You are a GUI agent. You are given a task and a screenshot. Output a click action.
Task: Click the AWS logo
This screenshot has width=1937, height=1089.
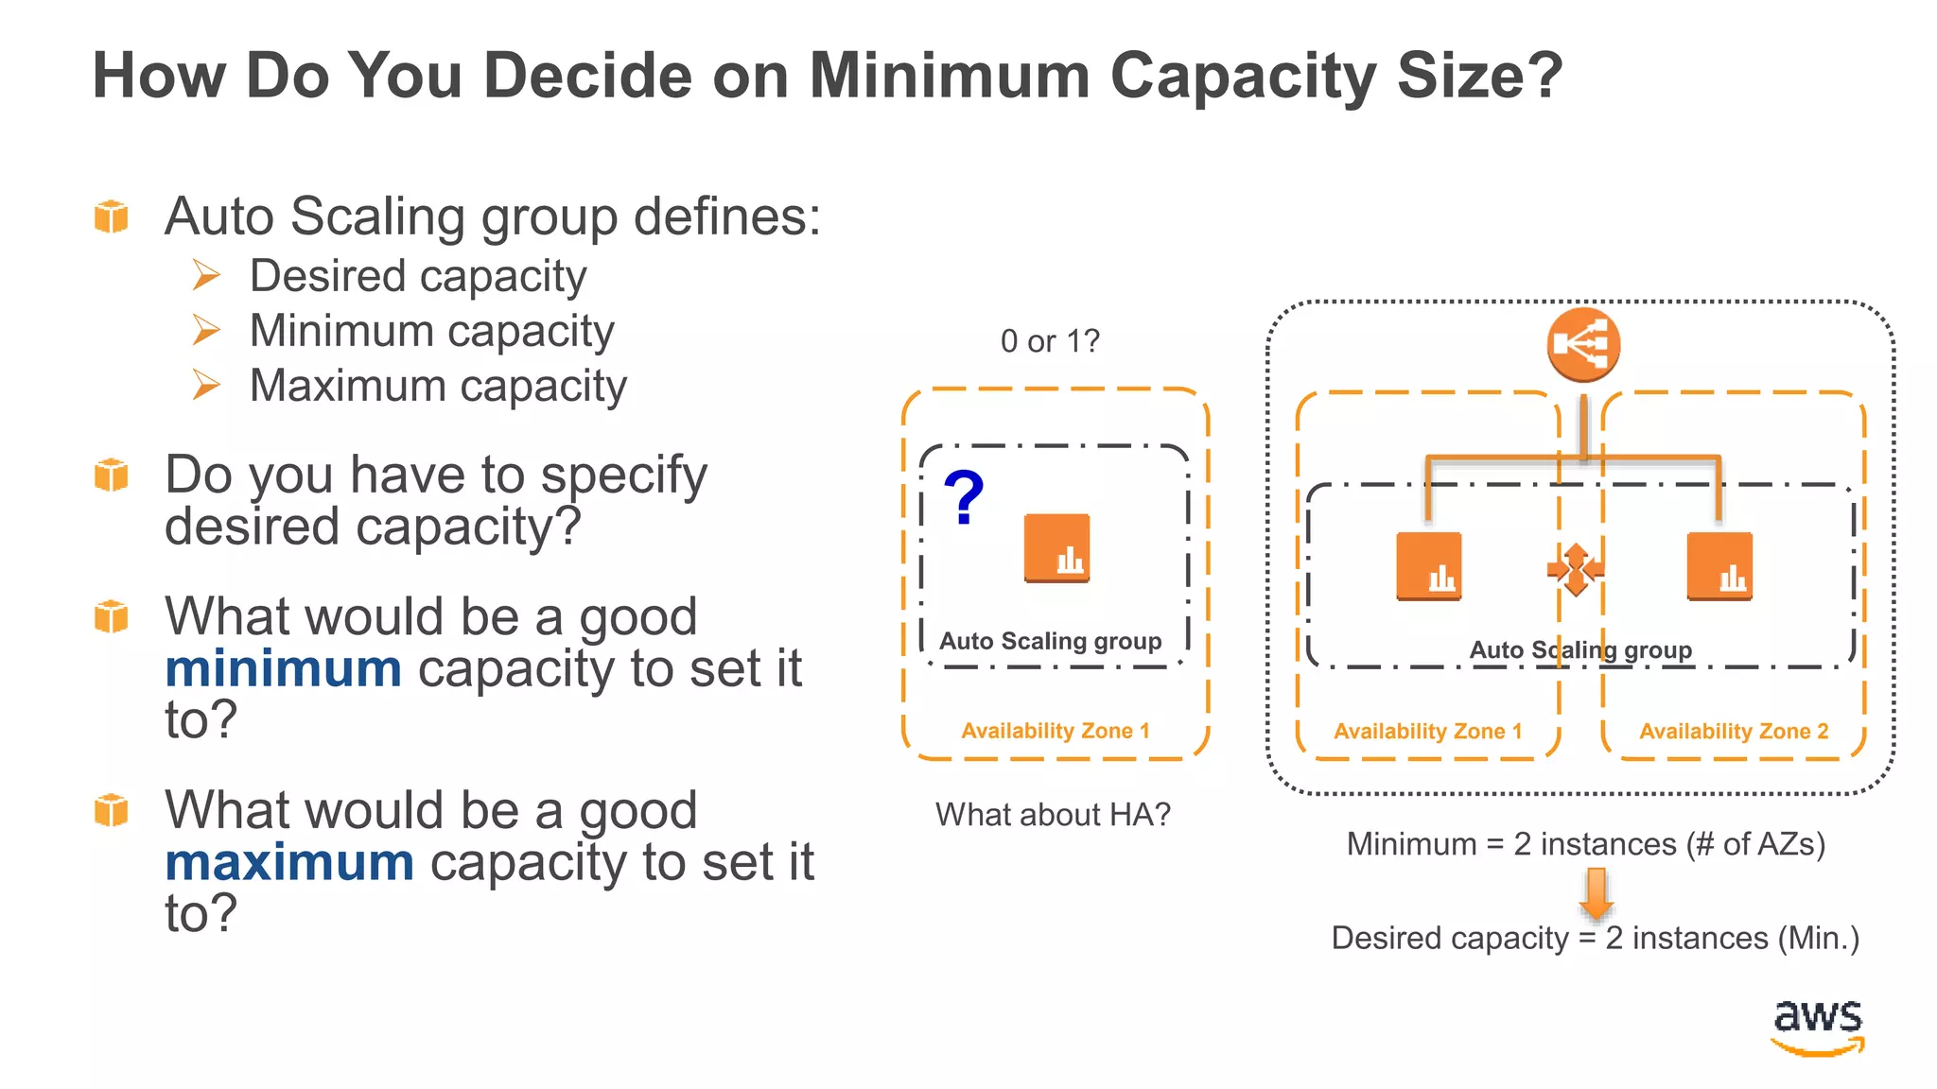coord(1817,1027)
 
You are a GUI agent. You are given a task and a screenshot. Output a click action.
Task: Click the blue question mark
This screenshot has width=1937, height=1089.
coord(964,498)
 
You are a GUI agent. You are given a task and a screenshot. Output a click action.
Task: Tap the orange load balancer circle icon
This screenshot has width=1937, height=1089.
coord(1583,344)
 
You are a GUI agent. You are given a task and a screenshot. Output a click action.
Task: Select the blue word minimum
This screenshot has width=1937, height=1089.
coord(283,669)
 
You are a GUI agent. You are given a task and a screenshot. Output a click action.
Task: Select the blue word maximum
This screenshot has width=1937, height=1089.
coord(289,863)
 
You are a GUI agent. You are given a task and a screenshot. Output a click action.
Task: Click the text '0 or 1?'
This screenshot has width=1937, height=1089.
coord(1050,341)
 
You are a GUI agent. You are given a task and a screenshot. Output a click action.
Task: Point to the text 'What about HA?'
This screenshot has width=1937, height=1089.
coord(1053,815)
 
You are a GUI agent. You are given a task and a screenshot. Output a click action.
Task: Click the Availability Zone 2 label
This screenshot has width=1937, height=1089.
coord(1734,732)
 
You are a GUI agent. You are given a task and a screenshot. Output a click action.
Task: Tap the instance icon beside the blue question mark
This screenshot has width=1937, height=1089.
coord(1056,548)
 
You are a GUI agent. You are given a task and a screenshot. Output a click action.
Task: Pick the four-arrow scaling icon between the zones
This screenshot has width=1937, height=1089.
coord(1575,569)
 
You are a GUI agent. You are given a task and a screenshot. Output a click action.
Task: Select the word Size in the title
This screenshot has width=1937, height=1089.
coord(1459,76)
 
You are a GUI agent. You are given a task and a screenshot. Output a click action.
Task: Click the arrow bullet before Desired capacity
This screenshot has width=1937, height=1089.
coord(206,276)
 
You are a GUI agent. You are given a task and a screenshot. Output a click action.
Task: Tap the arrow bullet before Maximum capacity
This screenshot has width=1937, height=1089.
coord(206,386)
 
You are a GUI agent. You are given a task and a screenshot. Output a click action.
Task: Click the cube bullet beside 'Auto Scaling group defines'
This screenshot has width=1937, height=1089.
coord(112,216)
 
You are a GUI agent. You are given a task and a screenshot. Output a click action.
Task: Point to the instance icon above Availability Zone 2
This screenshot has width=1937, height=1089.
coord(1719,567)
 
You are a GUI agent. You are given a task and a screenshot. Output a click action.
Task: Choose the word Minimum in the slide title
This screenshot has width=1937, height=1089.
coord(950,76)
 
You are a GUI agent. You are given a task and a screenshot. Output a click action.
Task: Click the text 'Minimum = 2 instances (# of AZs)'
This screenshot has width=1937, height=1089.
coord(1585,844)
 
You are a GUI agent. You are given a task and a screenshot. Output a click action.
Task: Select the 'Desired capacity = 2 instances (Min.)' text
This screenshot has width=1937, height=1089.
coord(1595,939)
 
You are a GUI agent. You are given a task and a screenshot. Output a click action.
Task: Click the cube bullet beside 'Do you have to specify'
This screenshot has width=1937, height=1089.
coord(112,475)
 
